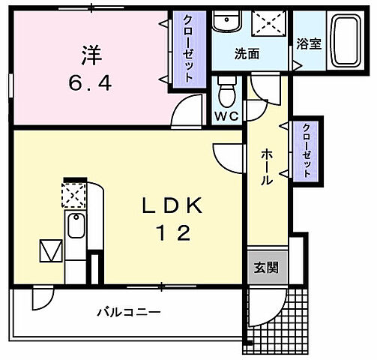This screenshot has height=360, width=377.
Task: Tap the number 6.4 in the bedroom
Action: click(91, 82)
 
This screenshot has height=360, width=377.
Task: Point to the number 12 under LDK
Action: click(172, 233)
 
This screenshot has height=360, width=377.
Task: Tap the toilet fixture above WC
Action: click(225, 92)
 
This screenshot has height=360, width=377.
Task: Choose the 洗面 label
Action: click(247, 54)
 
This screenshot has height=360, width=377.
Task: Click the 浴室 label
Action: click(309, 43)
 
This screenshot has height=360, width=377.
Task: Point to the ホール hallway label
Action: click(266, 167)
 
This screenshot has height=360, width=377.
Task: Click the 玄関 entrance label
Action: click(265, 268)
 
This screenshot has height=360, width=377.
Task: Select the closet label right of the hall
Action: click(307, 150)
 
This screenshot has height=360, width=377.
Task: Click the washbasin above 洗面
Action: click(226, 20)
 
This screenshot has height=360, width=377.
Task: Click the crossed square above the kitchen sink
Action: click(74, 196)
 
